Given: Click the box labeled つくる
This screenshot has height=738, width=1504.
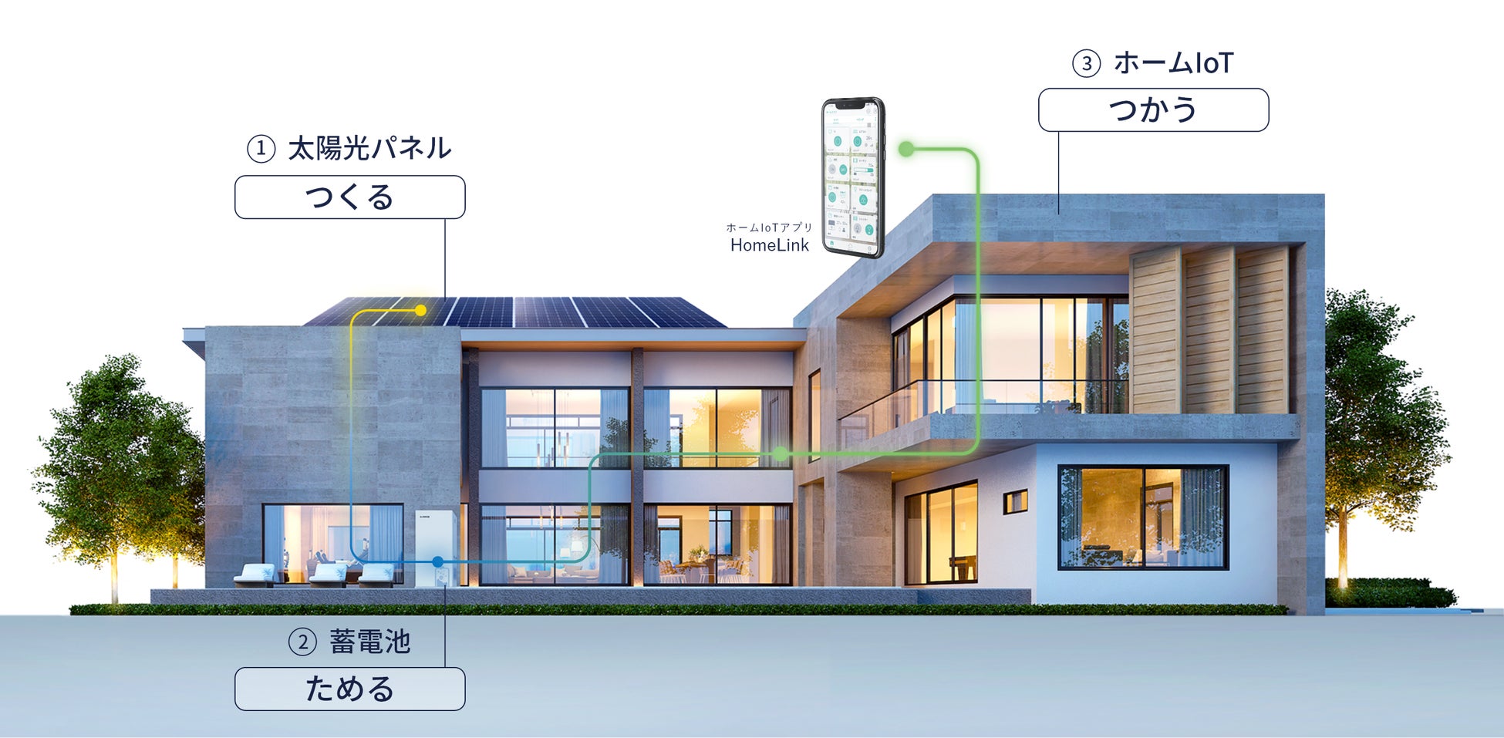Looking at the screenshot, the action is tap(349, 197).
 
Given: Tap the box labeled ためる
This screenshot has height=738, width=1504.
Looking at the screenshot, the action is tap(349, 689).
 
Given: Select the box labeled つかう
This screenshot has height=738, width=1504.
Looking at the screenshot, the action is tap(1153, 110).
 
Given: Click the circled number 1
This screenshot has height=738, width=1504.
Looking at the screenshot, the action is tap(261, 148).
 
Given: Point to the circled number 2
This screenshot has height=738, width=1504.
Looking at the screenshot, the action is tap(302, 642).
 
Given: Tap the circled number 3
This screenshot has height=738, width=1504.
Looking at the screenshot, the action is tap(1087, 63).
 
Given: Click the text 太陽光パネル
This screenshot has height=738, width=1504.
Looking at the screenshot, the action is tap(369, 148).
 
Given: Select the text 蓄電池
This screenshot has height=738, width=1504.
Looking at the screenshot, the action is tap(369, 642).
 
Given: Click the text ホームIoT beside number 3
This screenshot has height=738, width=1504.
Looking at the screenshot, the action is tap(1173, 63).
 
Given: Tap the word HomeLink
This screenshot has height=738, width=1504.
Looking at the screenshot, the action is tap(769, 245).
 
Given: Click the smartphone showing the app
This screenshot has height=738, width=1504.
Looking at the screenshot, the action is tap(852, 177).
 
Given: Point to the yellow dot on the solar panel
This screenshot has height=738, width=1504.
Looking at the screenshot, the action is tap(420, 310).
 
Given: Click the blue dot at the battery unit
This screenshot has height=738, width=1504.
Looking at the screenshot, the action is tap(438, 561).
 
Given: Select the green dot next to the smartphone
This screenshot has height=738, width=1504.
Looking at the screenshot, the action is tap(907, 149).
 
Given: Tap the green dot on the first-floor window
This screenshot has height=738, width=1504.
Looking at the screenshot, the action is tap(781, 454).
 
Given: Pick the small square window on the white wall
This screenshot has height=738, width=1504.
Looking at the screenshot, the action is tap(1015, 502).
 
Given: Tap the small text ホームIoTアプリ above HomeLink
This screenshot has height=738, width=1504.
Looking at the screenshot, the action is tap(769, 227).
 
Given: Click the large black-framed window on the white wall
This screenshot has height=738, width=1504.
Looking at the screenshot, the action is tap(1142, 516).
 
